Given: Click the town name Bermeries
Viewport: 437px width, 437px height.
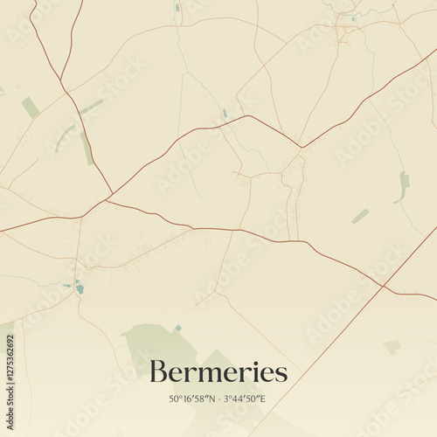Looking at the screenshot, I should click(218, 373).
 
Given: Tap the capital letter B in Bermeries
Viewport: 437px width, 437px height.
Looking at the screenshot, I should click(158, 372).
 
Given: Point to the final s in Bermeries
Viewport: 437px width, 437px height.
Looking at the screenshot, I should click(281, 375).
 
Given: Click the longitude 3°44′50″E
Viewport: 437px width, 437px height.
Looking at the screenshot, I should click(244, 399).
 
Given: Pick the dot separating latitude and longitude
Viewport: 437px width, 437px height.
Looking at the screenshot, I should click(218, 399).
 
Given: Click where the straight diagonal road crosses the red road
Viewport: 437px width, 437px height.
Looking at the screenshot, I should click(383, 285).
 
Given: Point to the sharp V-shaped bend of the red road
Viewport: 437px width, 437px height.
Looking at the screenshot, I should click(301, 146).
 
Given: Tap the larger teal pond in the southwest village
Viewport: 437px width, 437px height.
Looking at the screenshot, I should click(80, 288).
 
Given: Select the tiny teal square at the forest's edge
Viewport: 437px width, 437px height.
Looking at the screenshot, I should click(177, 329).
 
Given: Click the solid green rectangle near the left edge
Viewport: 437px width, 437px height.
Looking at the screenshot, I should click(31, 108).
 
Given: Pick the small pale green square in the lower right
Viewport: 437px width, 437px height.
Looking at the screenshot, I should click(392, 347).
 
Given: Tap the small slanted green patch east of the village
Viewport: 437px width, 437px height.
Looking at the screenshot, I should click(360, 216).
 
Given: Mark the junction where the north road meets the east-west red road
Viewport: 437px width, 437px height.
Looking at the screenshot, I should click(248, 116).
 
